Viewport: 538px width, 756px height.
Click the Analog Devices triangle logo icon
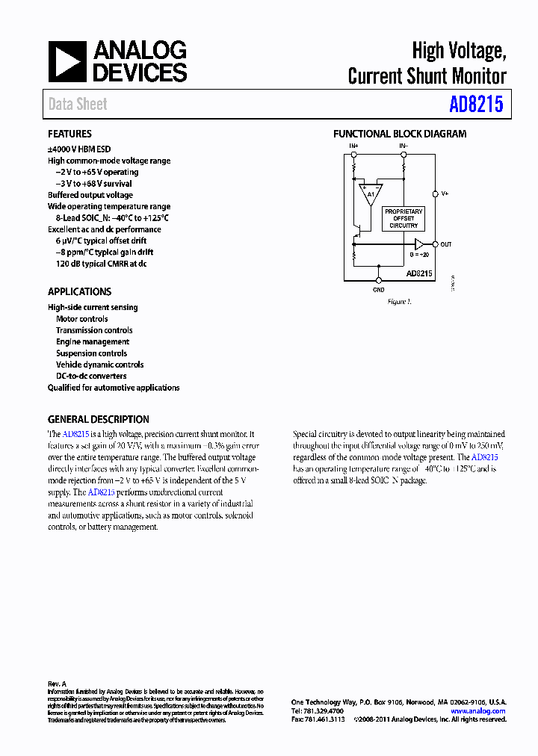coord(68,61)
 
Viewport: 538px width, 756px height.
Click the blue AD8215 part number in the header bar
coord(476,105)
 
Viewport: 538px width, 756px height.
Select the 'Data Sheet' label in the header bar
coord(78,105)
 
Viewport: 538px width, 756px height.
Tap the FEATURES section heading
coord(69,134)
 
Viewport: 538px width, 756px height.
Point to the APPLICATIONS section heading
coord(79,292)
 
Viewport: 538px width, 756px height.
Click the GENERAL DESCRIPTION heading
coord(98,420)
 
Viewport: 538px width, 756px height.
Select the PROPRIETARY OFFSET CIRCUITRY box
coord(403,218)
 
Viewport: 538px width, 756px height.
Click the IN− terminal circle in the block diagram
coord(403,154)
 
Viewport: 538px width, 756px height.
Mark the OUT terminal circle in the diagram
coord(435,244)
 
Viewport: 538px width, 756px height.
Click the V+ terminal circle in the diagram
coord(435,193)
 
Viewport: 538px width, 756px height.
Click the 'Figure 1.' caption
coord(399,302)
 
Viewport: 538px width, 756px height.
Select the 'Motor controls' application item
coord(81,319)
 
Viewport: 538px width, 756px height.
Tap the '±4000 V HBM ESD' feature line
coord(79,149)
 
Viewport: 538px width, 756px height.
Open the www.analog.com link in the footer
coord(478,711)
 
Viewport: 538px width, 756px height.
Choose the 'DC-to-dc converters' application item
coord(91,377)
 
